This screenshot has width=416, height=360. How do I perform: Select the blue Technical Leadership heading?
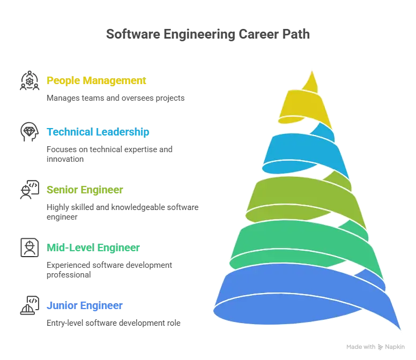click(98, 132)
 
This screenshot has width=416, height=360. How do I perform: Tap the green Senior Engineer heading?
click(85, 190)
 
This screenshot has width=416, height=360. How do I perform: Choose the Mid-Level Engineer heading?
click(94, 247)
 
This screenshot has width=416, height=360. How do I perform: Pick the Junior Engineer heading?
click(85, 306)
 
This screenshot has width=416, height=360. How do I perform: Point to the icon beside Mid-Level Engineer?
click(28, 246)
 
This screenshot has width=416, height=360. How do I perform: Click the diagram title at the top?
click(208, 34)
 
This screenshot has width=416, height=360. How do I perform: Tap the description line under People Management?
click(115, 99)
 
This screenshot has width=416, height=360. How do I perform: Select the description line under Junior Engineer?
click(114, 323)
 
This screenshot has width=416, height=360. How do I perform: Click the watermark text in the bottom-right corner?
click(375, 347)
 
